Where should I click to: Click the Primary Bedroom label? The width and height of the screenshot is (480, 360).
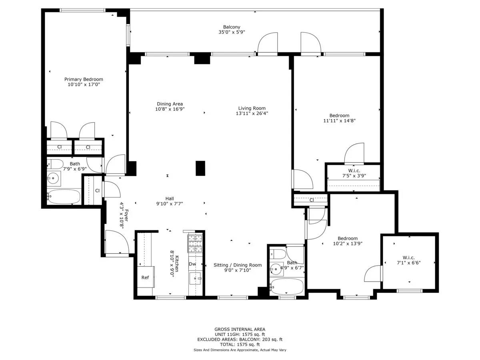(x=84, y=79)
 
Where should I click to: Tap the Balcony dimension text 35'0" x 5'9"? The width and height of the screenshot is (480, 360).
(x=232, y=32)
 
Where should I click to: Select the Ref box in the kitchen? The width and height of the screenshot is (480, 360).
(x=145, y=278)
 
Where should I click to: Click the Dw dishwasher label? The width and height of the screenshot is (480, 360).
(x=192, y=264)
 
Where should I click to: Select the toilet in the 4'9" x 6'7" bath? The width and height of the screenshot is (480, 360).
(x=278, y=254)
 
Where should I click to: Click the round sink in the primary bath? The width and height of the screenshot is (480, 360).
(x=54, y=178)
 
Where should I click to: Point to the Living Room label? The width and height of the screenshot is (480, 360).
(x=252, y=108)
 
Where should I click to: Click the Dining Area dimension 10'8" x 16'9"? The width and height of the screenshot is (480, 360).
(x=170, y=109)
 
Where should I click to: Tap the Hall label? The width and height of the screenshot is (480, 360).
(x=170, y=198)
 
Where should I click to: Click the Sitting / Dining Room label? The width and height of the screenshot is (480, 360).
(x=238, y=265)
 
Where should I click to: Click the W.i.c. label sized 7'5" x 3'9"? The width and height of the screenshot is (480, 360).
(x=354, y=170)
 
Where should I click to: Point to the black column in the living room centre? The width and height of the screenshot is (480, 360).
(x=200, y=168)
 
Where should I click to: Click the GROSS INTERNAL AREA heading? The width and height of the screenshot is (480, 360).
(x=240, y=329)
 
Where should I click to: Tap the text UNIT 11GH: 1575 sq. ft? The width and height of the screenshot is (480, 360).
(x=240, y=334)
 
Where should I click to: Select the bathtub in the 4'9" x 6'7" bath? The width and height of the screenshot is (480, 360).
(x=287, y=286)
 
